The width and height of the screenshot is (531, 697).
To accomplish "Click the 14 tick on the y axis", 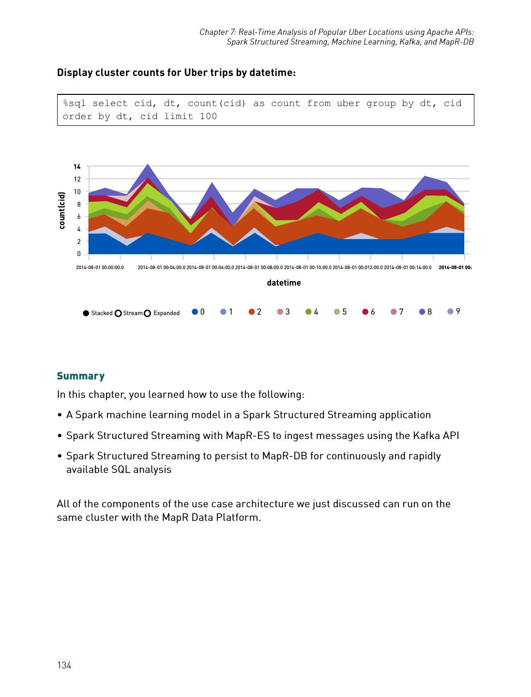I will point(77,167).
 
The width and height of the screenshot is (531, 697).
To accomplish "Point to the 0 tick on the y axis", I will point(79,254).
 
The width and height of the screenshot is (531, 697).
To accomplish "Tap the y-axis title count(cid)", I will point(62,211).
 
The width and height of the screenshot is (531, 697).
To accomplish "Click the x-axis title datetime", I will point(284,283).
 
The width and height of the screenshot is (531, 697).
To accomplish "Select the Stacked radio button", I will point(86,313).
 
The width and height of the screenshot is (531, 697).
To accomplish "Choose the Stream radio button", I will point(118,313).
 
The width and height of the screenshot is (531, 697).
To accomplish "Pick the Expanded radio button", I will point(148,313).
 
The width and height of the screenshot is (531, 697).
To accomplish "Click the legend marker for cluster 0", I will point(195,312).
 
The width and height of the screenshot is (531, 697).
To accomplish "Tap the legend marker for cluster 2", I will point(252,312).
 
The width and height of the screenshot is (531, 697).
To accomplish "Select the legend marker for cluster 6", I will point(365,312).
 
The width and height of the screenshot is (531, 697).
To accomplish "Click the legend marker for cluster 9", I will point(450,311).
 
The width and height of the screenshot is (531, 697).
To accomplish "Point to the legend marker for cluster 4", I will point(308,312).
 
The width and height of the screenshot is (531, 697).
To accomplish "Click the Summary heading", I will point(81,376).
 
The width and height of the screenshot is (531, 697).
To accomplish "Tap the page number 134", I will point(64,665).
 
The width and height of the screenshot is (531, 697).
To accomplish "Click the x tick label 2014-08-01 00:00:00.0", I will point(100,267).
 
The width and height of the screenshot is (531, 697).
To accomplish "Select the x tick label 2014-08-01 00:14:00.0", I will point(408,267).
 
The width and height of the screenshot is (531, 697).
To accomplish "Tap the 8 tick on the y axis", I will point(79,204).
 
